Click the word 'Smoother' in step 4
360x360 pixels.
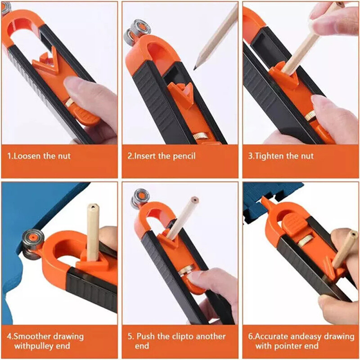point(32,336)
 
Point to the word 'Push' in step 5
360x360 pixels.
point(144,336)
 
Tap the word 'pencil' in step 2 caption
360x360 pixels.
point(184,157)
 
